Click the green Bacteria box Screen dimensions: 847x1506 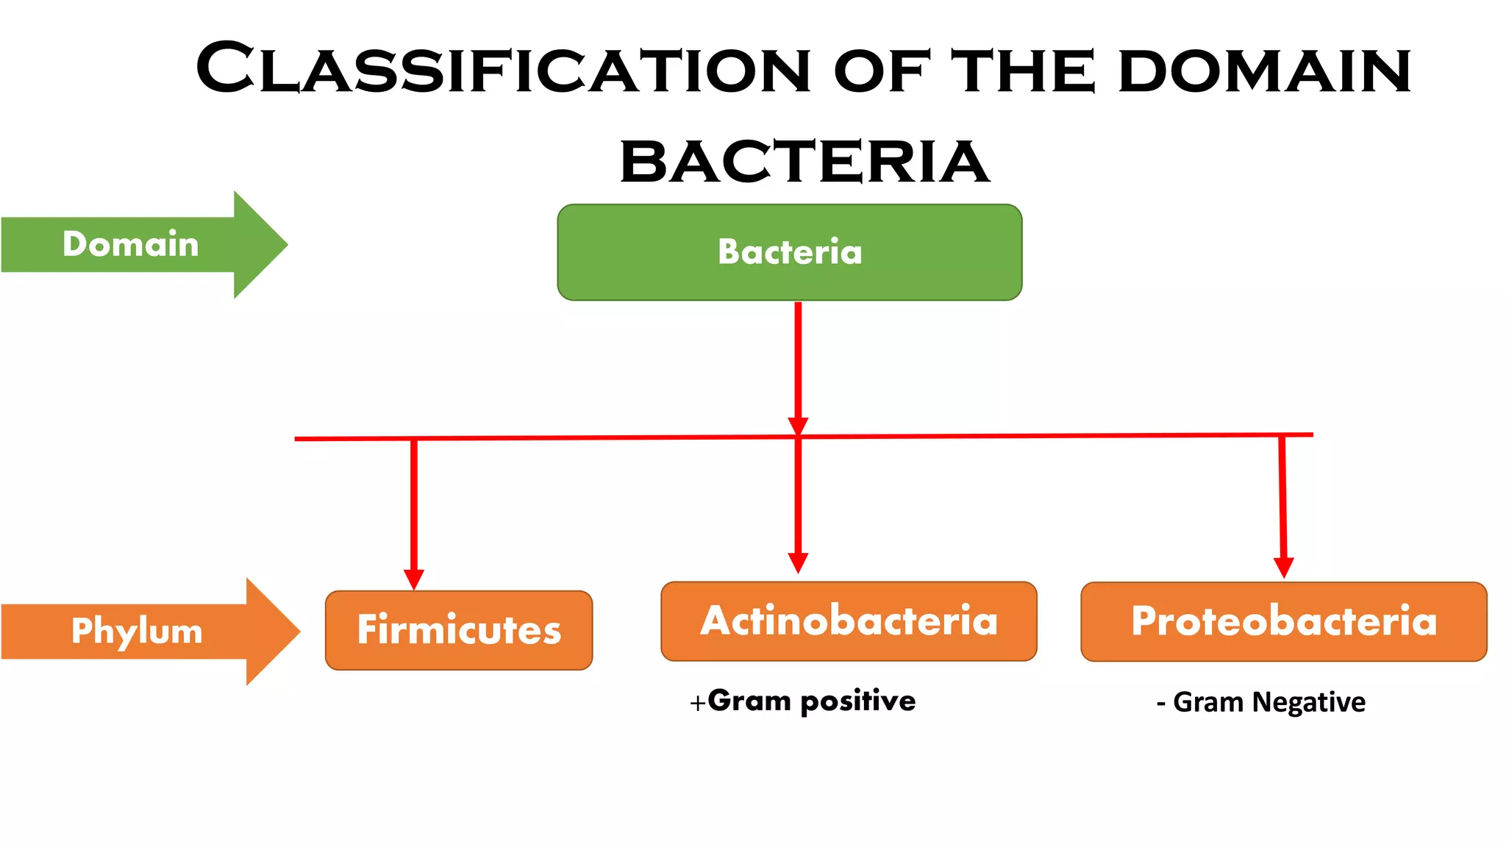(789, 252)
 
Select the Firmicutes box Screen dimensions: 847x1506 (459, 630)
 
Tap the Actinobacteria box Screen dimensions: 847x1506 (849, 621)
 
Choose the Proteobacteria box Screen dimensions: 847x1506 (1283, 621)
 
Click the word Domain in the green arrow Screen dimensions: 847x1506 (131, 244)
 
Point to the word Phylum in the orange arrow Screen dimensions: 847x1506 (137, 631)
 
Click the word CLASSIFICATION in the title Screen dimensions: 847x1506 (503, 70)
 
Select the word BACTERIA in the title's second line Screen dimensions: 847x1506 (804, 162)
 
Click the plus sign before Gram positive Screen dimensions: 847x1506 (697, 704)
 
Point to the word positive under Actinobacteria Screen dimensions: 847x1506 (857, 701)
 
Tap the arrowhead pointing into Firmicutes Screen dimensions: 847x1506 (414, 579)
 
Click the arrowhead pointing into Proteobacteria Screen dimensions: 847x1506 (1283, 568)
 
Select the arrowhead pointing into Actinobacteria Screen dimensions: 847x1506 (798, 562)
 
